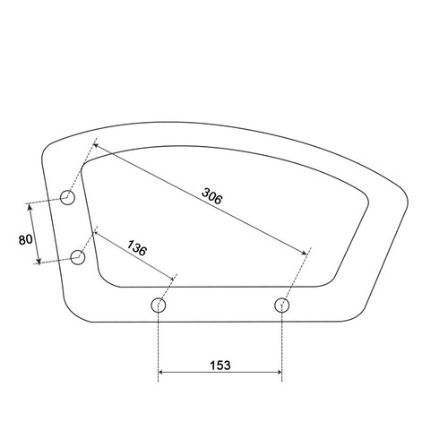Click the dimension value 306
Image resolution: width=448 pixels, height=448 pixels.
coord(212,196)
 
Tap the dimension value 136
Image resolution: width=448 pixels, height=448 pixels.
coord(137,248)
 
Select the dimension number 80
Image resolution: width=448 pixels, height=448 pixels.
coord(25,239)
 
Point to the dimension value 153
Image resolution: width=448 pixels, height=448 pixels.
coord(220,366)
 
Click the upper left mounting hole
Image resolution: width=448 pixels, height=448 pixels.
coord(67,197)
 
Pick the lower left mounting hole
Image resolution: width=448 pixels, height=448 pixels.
coord(78,257)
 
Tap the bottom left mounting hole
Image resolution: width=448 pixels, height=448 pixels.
coord(159,305)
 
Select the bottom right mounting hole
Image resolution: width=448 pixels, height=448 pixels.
coord(281,305)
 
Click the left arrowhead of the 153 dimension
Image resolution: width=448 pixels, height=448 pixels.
coord(160,372)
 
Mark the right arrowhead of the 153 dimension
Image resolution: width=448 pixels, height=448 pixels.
coord(280,372)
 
